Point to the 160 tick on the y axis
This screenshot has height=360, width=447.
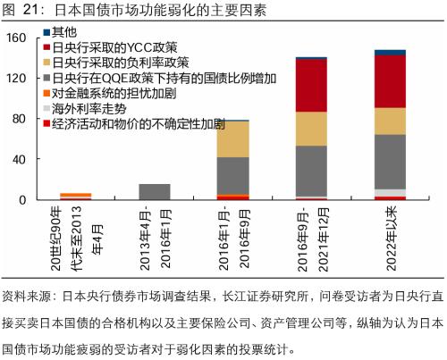pos(17,38)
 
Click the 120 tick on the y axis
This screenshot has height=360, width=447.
pos(17,79)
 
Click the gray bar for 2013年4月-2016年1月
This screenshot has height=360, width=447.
pos(155,191)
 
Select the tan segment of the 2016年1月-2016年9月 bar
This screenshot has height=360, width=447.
pos(233,139)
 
